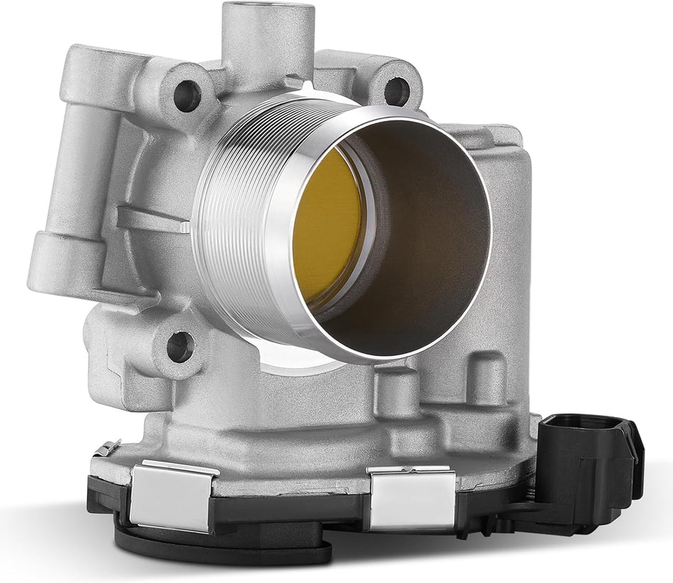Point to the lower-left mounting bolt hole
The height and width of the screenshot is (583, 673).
pos(179,346)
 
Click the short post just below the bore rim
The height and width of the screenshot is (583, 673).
pos(392,387)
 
